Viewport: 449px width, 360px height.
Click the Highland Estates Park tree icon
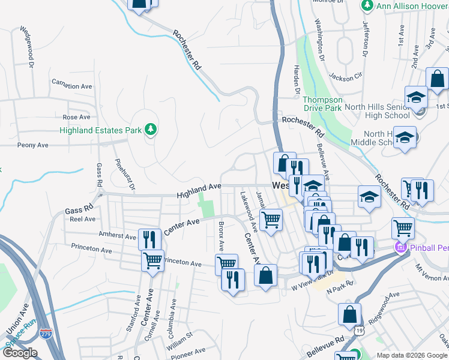[x=151, y=130]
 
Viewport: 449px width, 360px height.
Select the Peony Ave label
[x=33, y=145]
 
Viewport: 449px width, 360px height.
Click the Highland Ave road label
[x=199, y=192]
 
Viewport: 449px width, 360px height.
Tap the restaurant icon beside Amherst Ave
[x=149, y=239]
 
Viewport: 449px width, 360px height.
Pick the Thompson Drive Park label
[x=322, y=104]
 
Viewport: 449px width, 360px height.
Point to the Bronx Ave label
[x=221, y=236]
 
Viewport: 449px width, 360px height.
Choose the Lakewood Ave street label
[x=248, y=211]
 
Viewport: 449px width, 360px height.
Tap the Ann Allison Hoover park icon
[x=367, y=5]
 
